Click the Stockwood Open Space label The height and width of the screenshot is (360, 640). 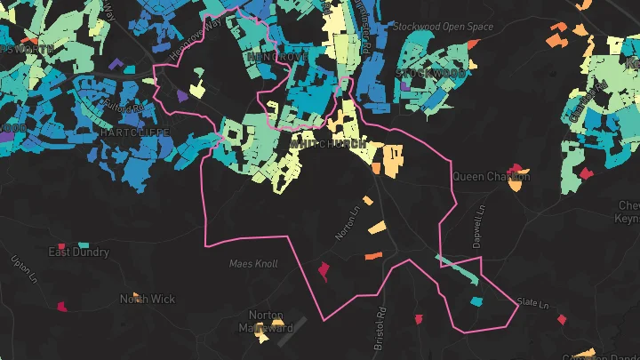pos(442,27)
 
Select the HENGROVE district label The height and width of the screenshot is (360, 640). pos(278,56)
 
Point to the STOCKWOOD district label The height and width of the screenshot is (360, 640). pos(430,72)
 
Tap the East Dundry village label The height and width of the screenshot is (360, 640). pos(78,252)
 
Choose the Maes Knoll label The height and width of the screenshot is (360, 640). pos(253,264)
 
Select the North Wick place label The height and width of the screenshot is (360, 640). pos(148,300)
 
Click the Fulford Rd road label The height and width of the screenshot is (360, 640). pos(123,108)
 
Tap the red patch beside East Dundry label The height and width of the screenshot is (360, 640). pos(61,244)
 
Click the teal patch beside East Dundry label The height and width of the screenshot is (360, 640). pos(84,244)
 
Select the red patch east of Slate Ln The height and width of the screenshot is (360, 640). pos(562,316)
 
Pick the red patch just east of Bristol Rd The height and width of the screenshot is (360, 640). pos(418,318)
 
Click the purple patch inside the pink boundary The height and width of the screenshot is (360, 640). pos(181,94)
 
